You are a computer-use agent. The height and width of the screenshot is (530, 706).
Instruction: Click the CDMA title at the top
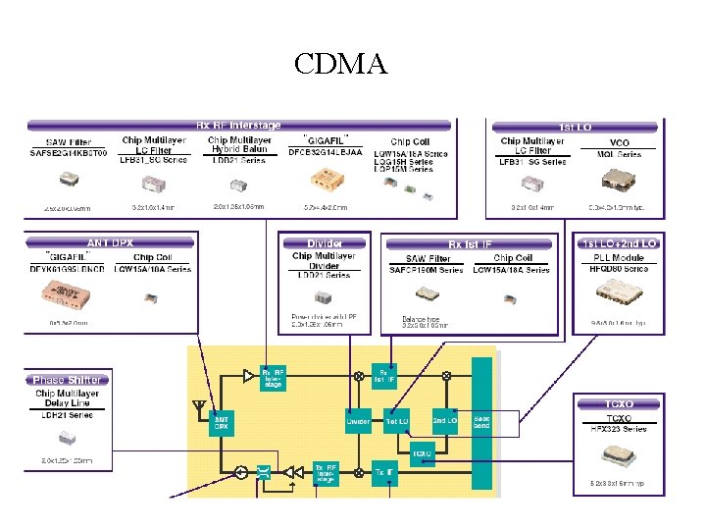[341, 65]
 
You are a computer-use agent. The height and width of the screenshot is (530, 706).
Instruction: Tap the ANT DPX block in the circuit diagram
[223, 421]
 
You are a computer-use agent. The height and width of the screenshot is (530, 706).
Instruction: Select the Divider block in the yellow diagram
[358, 421]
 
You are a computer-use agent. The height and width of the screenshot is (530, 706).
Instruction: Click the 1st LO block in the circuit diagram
[396, 421]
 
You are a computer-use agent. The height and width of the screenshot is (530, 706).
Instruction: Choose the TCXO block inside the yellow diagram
[422, 453]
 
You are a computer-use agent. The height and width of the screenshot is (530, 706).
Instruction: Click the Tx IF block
[384, 472]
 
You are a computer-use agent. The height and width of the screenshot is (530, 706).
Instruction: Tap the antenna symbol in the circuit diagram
[199, 405]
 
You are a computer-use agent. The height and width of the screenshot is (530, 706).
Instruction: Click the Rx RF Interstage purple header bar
[238, 126]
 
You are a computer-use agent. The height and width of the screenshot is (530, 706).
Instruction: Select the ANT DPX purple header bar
[111, 242]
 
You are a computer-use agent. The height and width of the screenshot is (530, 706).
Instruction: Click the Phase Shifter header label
[67, 380]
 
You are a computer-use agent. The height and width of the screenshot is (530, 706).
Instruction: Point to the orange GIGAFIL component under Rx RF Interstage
[323, 179]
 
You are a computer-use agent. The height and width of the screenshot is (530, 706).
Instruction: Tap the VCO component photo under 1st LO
[619, 179]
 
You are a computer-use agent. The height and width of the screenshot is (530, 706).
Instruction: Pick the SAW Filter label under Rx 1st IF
[427, 258]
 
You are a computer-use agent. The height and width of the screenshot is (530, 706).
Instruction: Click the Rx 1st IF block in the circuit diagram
[383, 375]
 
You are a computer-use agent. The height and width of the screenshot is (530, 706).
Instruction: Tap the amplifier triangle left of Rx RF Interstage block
[248, 375]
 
